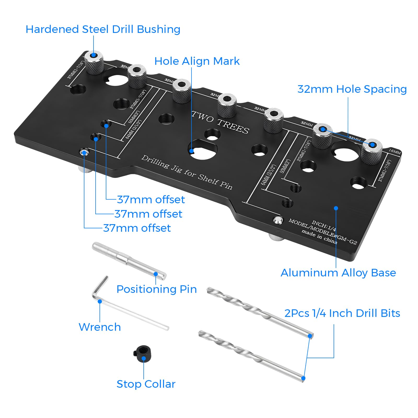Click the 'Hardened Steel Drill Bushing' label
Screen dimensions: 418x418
coord(103,29)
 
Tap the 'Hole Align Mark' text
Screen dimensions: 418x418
coord(197,61)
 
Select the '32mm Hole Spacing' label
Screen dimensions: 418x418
coord(352,89)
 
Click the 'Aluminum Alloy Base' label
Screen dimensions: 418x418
coord(338,273)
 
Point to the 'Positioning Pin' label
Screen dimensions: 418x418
coord(156,289)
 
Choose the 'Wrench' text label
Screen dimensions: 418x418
coord(100,327)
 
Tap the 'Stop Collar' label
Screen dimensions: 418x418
coord(146,384)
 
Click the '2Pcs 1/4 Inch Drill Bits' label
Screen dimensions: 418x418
coord(342,313)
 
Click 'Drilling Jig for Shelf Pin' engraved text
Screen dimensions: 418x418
coord(187,172)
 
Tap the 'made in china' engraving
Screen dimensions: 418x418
coord(319,236)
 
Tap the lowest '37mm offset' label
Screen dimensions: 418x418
coord(137,228)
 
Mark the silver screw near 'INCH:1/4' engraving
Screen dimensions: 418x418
coord(278,220)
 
